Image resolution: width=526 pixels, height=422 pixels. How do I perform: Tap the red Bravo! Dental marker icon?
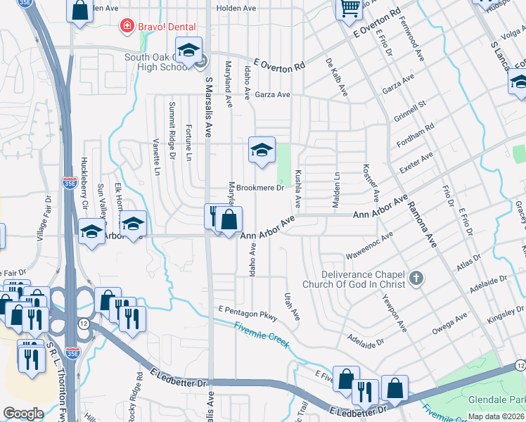coord(127,26)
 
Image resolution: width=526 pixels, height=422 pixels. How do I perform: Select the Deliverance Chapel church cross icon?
coord(416,279)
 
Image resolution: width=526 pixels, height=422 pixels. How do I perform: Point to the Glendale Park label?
coord(496,399)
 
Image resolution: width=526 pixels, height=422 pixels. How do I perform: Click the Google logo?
coord(23,414)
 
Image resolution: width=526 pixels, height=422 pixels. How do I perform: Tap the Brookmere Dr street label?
coord(260,188)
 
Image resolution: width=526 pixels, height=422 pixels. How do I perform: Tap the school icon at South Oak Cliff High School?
coord(188,50)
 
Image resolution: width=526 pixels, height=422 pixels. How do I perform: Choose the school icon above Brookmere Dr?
coord(262,149)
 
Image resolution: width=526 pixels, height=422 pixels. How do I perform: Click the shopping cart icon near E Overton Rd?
coord(349,8)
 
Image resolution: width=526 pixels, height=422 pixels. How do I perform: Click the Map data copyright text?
coord(496,416)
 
